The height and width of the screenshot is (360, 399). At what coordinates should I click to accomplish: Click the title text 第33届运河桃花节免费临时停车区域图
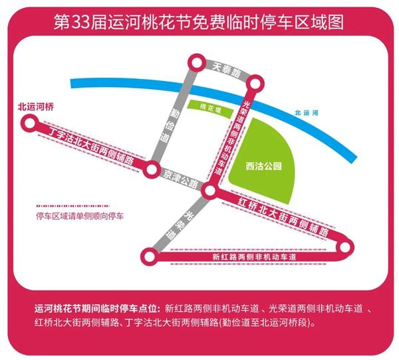(x=199, y=22)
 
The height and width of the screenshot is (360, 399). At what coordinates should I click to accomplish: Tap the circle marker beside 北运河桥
(x=28, y=122)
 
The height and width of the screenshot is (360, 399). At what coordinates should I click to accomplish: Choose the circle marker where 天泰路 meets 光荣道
(x=253, y=84)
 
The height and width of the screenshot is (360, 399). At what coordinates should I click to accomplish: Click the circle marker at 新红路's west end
(x=148, y=254)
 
